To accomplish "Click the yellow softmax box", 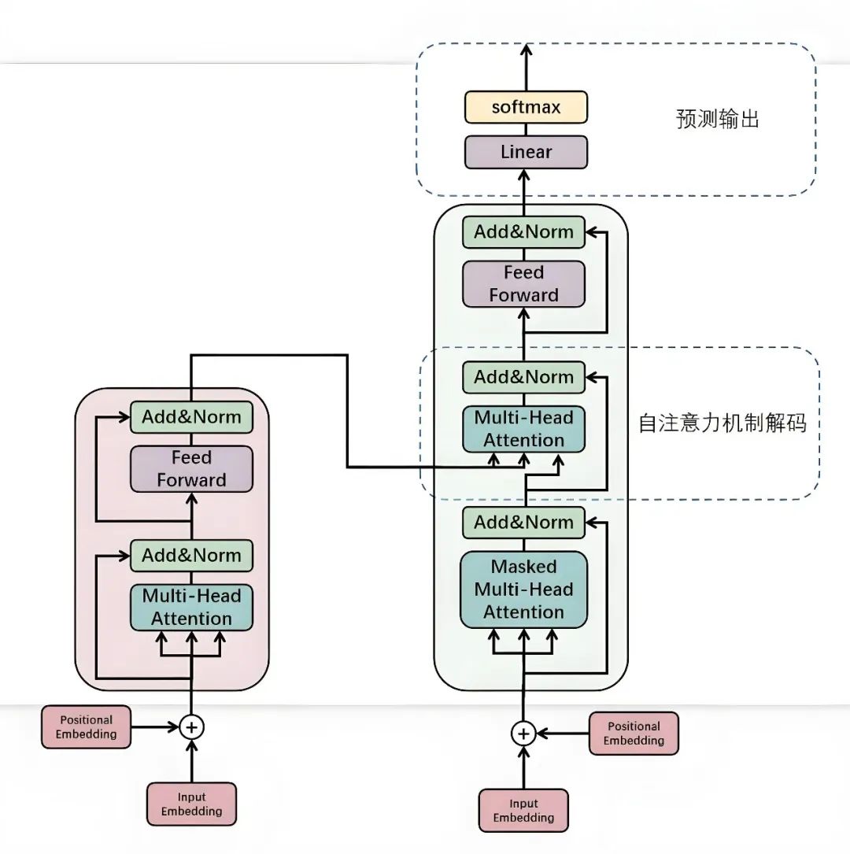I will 525,107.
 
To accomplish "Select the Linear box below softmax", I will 525,152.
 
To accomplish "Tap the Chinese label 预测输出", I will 717,120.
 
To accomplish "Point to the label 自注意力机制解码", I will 722,423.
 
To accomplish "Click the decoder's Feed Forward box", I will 523,283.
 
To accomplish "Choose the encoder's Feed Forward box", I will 191,469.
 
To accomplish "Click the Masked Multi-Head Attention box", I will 523,589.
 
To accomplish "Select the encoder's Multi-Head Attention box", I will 191,607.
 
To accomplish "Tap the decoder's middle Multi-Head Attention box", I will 523,429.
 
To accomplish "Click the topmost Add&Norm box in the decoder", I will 523,232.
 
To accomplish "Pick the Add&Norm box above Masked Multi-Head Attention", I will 523,523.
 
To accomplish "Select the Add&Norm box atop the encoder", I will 191,417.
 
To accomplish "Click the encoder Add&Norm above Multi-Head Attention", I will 191,556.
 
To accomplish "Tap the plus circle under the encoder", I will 191,726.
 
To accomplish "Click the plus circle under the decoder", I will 523,733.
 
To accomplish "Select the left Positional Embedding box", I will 86,726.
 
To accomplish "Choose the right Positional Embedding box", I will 634,734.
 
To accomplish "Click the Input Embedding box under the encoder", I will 191,804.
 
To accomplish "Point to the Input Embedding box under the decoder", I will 523,811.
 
